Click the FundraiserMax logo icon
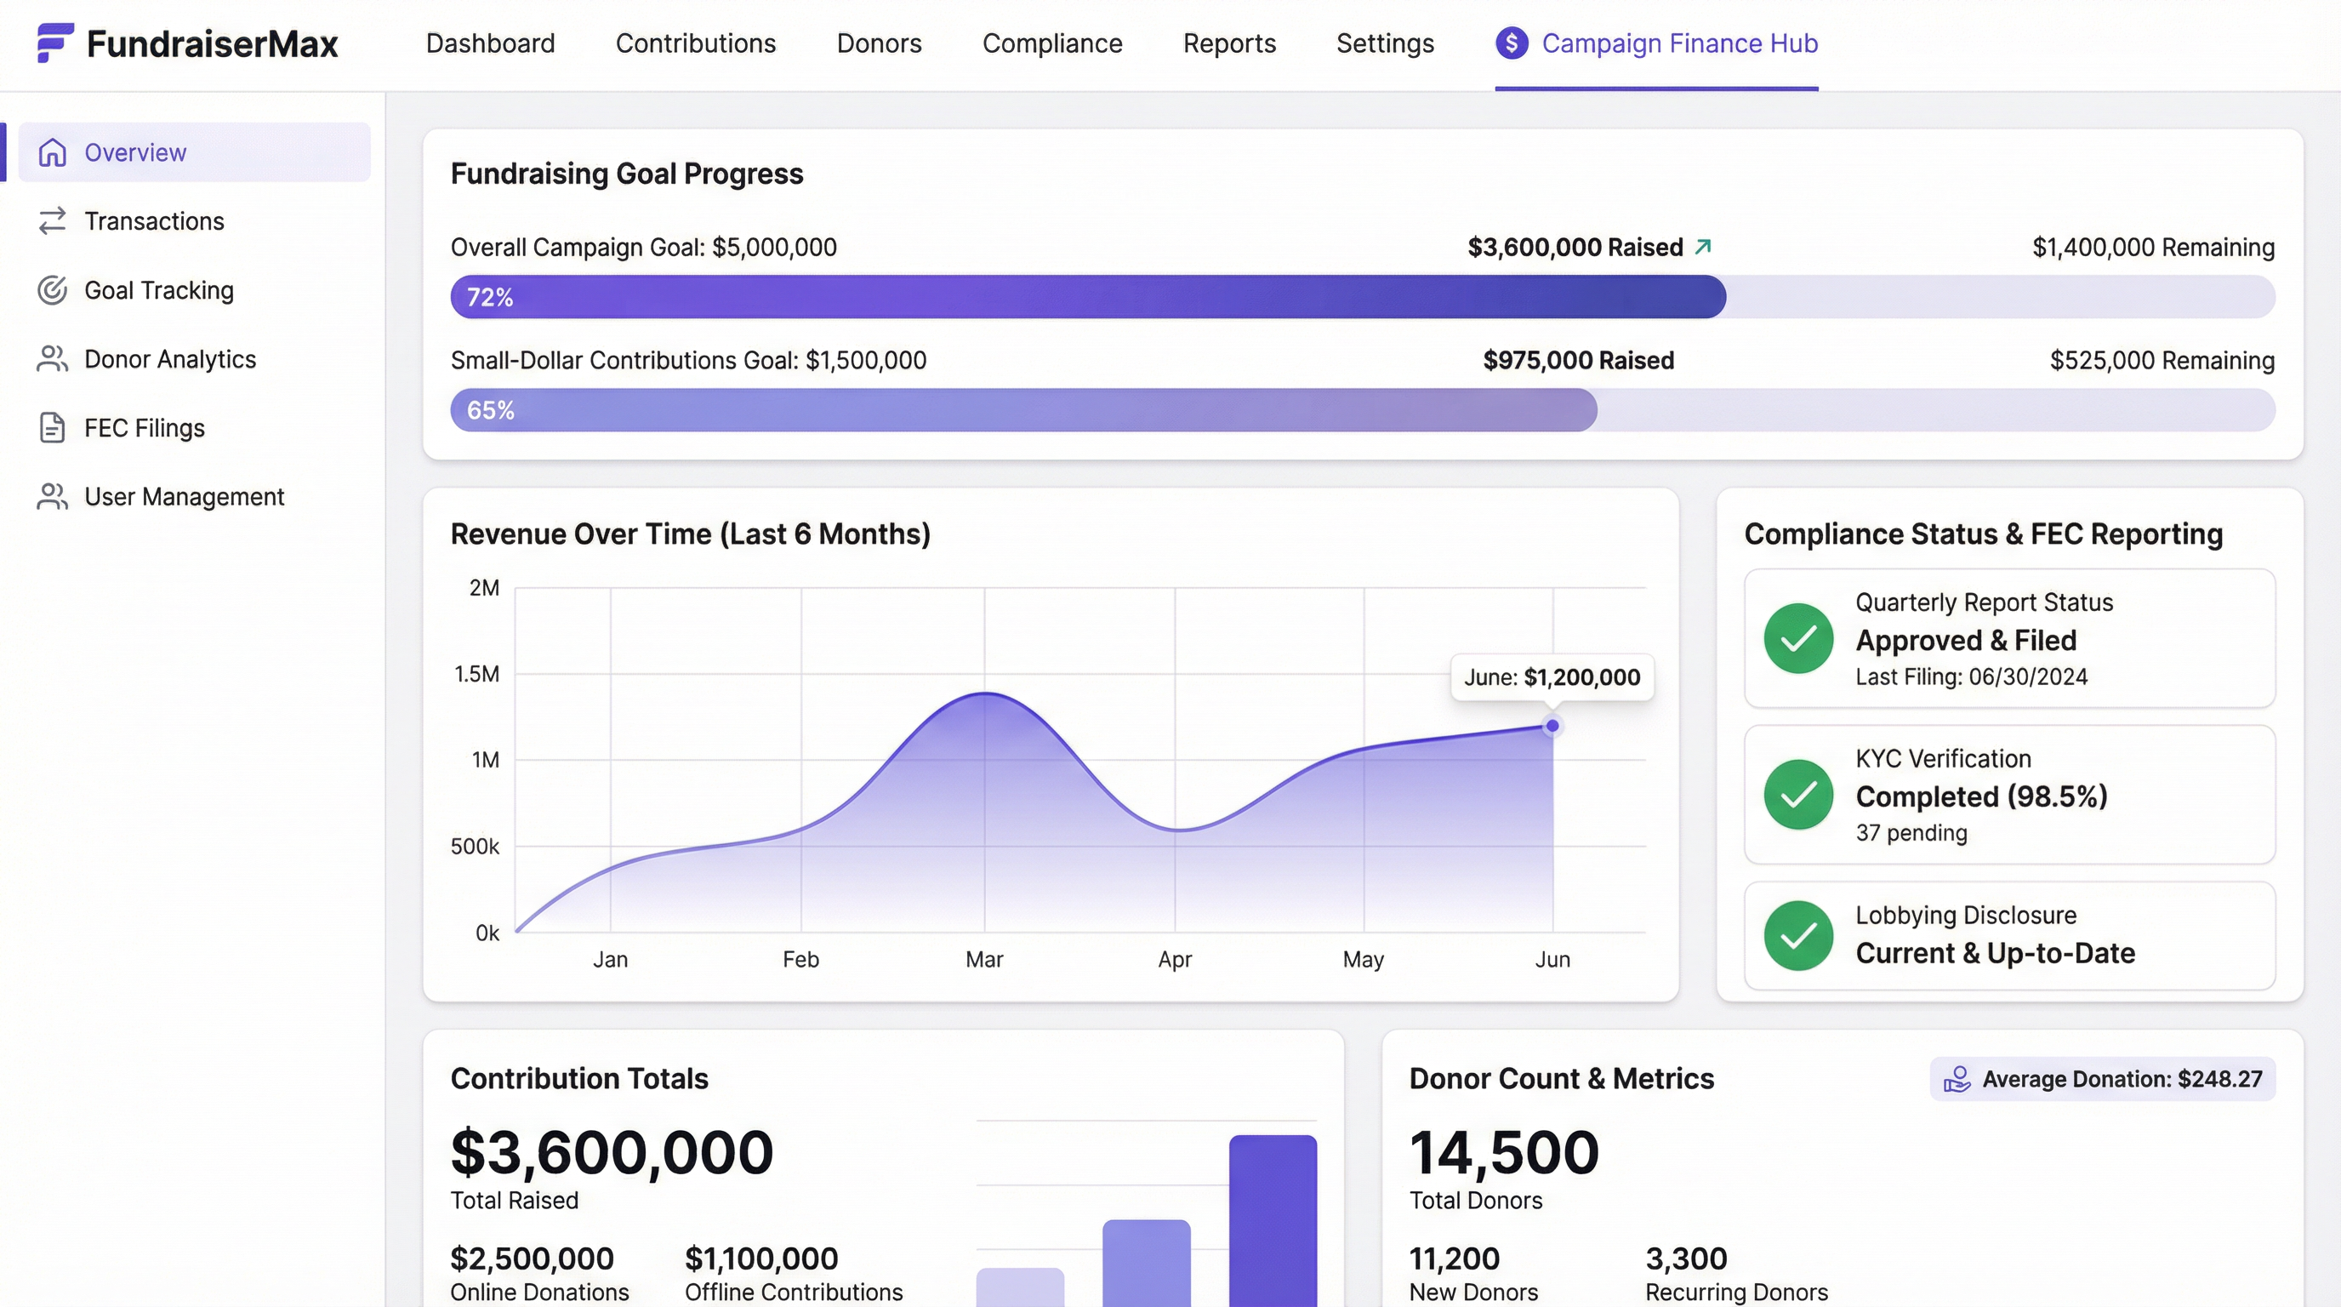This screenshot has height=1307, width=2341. tap(54, 43)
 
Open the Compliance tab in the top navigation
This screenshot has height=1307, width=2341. tap(1051, 43)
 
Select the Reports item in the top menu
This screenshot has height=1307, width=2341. tap(1228, 43)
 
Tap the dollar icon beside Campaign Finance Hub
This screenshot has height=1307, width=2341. tap(1512, 43)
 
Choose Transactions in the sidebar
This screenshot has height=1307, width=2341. tap(154, 221)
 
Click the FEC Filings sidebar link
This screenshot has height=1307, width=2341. tap(144, 427)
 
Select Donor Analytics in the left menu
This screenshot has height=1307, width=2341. tap(169, 359)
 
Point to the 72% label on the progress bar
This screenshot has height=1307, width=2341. tap(490, 297)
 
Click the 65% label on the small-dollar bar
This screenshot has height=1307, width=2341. tap(490, 410)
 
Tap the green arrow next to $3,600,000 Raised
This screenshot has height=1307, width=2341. tap(1703, 246)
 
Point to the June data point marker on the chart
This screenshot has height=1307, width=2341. tap(1552, 725)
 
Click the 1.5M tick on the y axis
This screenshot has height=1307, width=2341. tap(476, 673)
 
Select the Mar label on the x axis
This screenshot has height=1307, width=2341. tap(983, 959)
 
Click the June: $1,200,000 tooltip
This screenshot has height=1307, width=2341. tap(1552, 677)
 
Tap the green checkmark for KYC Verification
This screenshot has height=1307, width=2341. tap(1797, 795)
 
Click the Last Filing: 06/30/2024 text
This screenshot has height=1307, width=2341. tap(1970, 676)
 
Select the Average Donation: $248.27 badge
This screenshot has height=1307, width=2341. tap(2102, 1079)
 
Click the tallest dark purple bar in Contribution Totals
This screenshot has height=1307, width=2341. tap(1273, 1218)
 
